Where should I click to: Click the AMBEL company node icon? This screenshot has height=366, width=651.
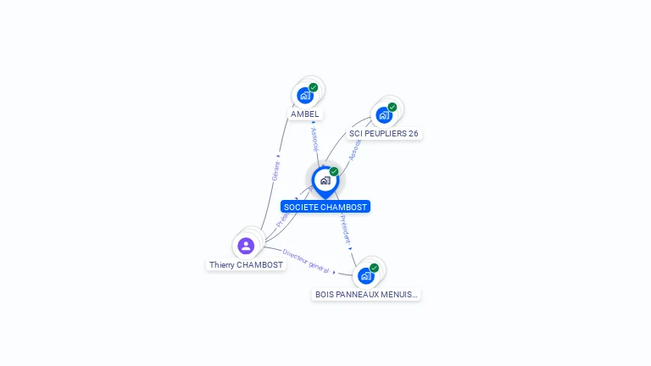coord(305,95)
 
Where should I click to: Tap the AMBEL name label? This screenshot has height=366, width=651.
coord(305,114)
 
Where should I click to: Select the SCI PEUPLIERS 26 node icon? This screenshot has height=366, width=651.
coord(384,114)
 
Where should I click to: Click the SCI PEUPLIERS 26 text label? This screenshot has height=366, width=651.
coord(384,134)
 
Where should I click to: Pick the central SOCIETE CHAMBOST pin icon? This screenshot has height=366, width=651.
coord(325,180)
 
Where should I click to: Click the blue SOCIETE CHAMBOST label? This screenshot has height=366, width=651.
coord(325,207)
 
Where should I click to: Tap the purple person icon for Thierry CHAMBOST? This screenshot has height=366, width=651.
coord(246,246)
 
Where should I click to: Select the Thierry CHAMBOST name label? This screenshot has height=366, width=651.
coord(247,265)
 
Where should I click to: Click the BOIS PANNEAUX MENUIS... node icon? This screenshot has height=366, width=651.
coord(366,275)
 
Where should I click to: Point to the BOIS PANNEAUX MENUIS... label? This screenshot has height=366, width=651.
coord(366,295)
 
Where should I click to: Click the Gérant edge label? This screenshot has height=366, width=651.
coord(275,170)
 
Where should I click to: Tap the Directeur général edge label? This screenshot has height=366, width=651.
coord(306,261)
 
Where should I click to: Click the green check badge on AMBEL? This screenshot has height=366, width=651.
coord(314,87)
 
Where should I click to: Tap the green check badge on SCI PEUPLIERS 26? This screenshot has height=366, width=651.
coord(392,107)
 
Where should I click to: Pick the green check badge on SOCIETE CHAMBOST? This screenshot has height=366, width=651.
coord(334,172)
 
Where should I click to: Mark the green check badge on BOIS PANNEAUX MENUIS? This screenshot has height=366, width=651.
coord(374,268)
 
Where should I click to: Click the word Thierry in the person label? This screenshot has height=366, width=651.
coord(222,265)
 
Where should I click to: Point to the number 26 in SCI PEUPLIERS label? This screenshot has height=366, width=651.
coord(413,134)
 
